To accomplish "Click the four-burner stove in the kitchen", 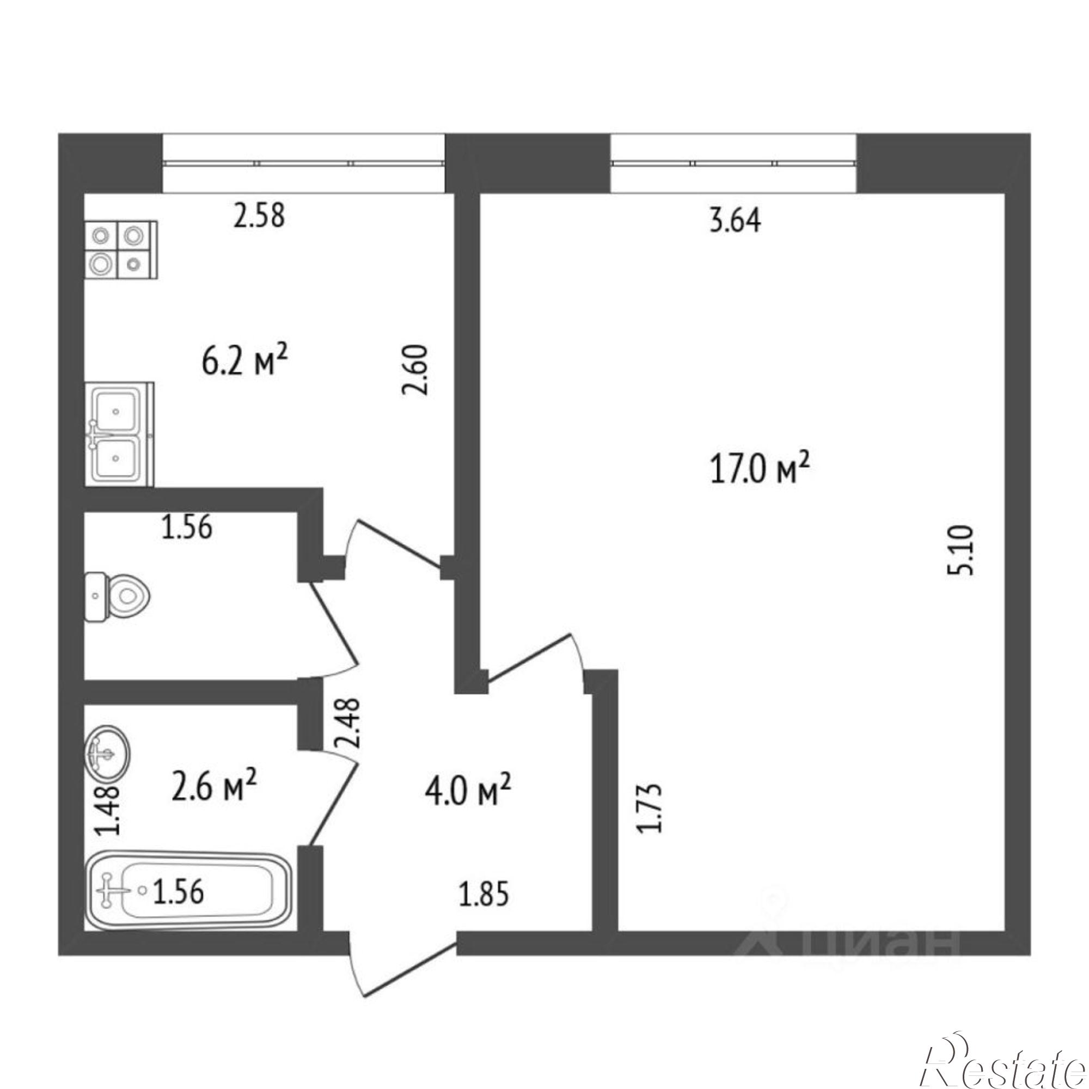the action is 121,250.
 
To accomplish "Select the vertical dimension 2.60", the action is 417,370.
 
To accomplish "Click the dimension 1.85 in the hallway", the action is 484,895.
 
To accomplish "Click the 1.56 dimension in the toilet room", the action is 187,528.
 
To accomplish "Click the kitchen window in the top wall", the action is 303,163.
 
